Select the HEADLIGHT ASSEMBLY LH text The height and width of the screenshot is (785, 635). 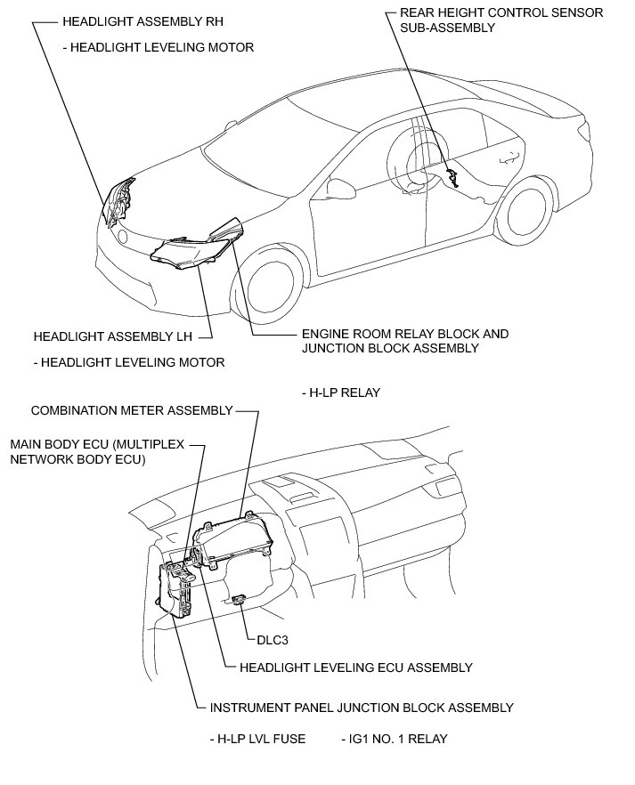tap(110, 337)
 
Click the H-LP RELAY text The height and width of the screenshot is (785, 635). tap(342, 392)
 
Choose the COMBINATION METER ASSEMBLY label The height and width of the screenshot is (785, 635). tap(132, 410)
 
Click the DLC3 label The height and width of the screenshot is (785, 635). tap(271, 639)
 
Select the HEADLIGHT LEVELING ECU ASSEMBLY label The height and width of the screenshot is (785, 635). tap(349, 667)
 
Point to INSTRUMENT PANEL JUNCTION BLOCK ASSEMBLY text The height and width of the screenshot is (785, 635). tap(361, 708)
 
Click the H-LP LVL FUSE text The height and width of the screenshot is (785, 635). tap(257, 739)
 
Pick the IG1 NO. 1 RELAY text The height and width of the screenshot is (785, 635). tap(394, 739)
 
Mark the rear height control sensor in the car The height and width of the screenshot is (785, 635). tap(453, 177)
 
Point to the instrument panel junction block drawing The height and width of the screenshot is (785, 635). tap(177, 591)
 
